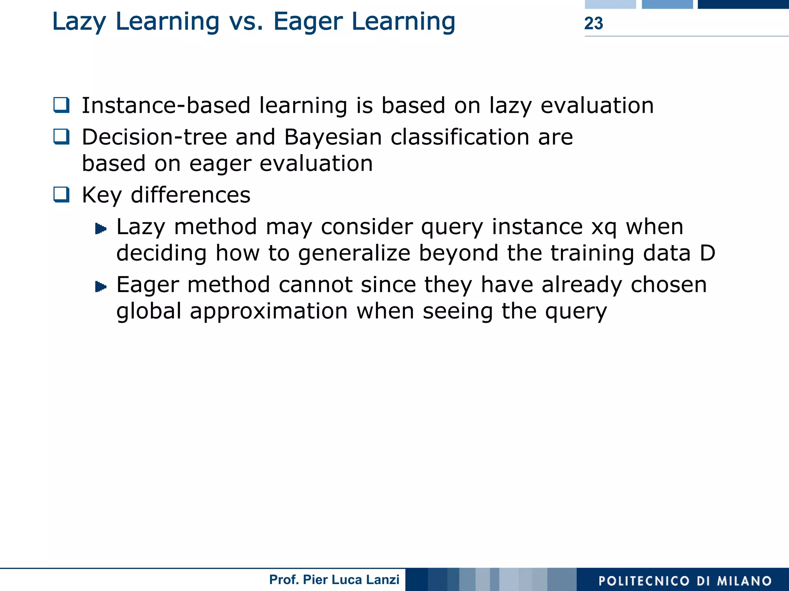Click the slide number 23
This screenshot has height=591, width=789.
(593, 24)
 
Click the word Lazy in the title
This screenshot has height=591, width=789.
(79, 22)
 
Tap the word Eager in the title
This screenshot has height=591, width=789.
(308, 22)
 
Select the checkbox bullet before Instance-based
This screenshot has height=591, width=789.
(62, 105)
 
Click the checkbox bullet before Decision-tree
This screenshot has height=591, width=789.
(62, 137)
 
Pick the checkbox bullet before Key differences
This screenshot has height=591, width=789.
(62, 195)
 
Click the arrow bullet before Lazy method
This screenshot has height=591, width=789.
(101, 229)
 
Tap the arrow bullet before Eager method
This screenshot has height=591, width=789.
(101, 287)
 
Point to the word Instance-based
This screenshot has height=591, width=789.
(166, 106)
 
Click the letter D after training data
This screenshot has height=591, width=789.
(707, 253)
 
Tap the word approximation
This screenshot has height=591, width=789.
(269, 311)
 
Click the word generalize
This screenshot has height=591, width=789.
(354, 254)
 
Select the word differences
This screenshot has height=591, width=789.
(190, 195)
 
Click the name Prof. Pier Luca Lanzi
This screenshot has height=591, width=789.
(334, 579)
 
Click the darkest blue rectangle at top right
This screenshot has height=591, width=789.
(743, 4)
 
